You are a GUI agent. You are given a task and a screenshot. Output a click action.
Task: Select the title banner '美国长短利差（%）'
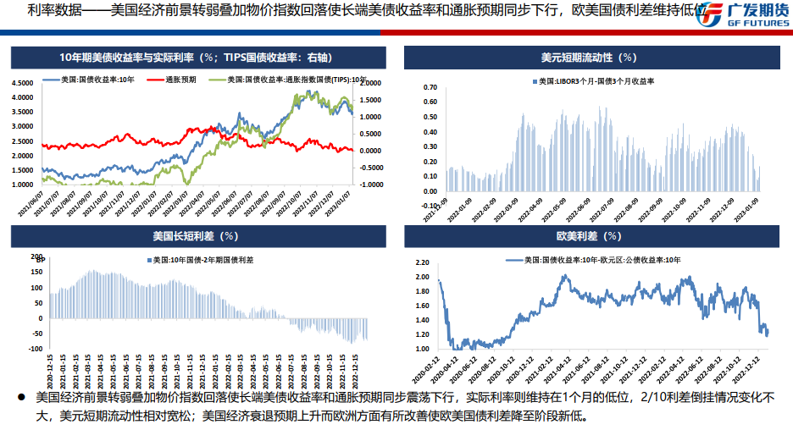(x=194, y=235)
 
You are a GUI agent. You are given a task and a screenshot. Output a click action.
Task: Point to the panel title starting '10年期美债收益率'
(x=195, y=58)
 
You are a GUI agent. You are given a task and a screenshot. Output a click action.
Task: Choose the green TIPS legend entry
(x=289, y=80)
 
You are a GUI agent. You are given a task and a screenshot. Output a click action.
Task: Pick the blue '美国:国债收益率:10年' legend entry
(x=92, y=80)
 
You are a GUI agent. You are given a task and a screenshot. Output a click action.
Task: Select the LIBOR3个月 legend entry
(x=596, y=81)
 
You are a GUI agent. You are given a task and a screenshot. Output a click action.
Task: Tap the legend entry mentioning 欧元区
(x=593, y=261)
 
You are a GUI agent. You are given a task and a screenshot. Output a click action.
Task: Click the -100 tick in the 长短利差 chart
(x=36, y=348)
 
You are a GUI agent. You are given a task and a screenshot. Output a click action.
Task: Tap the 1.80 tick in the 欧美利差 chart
(x=421, y=290)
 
